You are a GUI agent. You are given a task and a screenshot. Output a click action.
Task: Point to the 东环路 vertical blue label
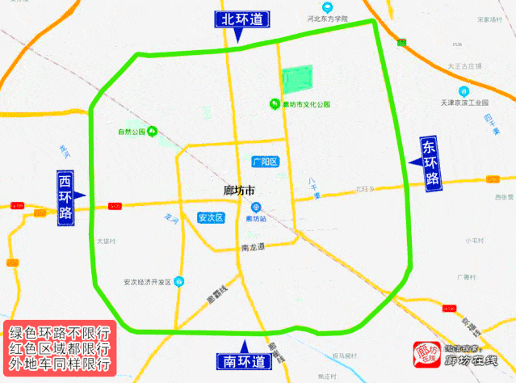(431, 163)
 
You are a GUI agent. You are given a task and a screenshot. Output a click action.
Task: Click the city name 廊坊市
(238, 191)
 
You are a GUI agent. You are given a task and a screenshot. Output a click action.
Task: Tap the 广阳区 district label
(265, 162)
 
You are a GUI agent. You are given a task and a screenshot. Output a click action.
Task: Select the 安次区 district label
(210, 217)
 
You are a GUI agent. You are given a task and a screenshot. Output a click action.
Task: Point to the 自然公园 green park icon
(151, 131)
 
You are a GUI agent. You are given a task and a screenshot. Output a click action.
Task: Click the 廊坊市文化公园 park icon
(275, 103)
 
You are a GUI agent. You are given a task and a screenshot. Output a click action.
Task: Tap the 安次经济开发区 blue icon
(179, 281)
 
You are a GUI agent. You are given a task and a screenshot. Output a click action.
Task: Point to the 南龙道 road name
(253, 246)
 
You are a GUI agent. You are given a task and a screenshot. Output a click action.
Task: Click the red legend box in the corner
(59, 348)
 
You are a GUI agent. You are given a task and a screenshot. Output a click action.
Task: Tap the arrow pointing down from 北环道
(238, 36)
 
